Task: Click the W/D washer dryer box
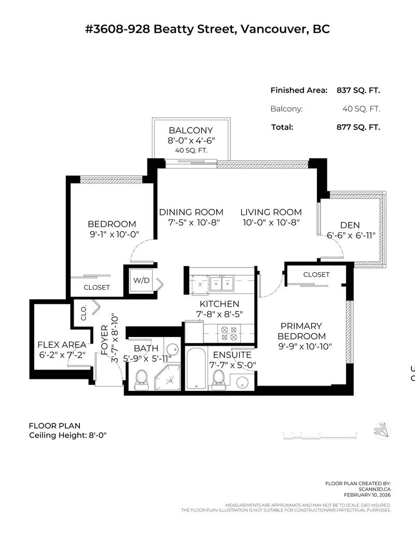tap(141, 280)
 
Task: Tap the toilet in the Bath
tap(141, 380)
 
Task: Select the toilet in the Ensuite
tap(218, 378)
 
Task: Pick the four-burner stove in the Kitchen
tap(229, 333)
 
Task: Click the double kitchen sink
tap(222, 283)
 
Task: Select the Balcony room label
tap(191, 130)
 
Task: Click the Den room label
tap(350, 225)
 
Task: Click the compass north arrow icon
tap(382, 430)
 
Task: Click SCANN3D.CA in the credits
tap(373, 488)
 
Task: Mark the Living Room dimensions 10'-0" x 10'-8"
tap(271, 222)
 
